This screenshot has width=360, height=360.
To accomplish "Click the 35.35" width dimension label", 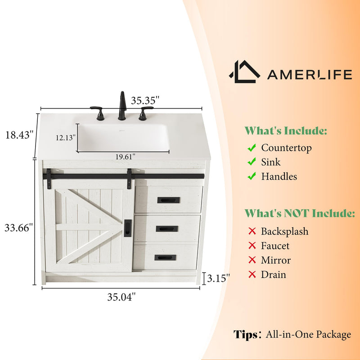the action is pyautogui.click(x=145, y=100).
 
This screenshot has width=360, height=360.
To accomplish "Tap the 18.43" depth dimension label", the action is pyautogui.click(x=19, y=135).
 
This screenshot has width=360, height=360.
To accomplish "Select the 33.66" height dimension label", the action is pyautogui.click(x=18, y=228).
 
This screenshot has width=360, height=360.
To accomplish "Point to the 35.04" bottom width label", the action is pyautogui.click(x=121, y=297).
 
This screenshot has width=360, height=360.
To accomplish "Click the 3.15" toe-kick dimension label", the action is pyautogui.click(x=218, y=278).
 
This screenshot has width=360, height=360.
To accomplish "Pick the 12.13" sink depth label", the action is pyautogui.click(x=66, y=138).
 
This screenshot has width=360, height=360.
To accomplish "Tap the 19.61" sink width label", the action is pyautogui.click(x=125, y=157).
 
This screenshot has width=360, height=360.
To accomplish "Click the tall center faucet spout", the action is pyautogui.click(x=122, y=106).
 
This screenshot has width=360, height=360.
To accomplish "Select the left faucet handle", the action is pyautogui.click(x=98, y=113).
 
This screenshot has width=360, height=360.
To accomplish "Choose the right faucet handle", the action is pyautogui.click(x=145, y=113).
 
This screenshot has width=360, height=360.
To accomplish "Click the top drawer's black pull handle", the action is pyautogui.click(x=168, y=200).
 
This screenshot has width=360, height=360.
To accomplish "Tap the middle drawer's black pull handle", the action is pyautogui.click(x=167, y=229).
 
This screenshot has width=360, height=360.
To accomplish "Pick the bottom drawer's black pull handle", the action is pyautogui.click(x=165, y=257).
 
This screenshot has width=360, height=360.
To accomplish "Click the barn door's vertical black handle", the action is pyautogui.click(x=128, y=228).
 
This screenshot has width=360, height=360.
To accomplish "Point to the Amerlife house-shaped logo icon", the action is pyautogui.click(x=244, y=72).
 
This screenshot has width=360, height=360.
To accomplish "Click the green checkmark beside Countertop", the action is pyautogui.click(x=252, y=148).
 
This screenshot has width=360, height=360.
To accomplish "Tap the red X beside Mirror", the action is pyautogui.click(x=252, y=260).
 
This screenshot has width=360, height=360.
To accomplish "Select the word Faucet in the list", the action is pyautogui.click(x=275, y=246).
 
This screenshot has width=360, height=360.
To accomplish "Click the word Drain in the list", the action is pyautogui.click(x=274, y=275).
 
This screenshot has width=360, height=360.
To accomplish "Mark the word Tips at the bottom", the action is pyautogui.click(x=245, y=334).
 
